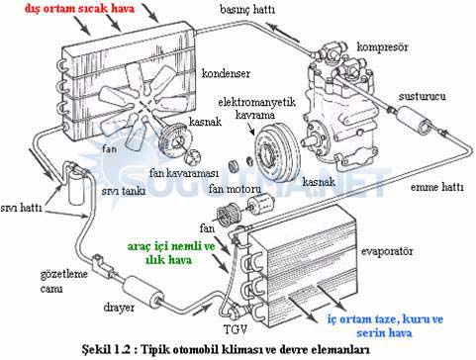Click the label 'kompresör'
click(x=383, y=46)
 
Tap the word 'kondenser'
click(x=226, y=73)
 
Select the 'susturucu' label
click(x=422, y=96)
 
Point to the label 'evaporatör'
click(x=387, y=251)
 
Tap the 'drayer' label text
click(x=119, y=308)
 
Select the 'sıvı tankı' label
click(x=124, y=191)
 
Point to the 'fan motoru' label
click(x=235, y=189)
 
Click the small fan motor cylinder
click(x=261, y=204)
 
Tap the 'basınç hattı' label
click(x=247, y=10)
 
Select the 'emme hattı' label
click(x=436, y=187)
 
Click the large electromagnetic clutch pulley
click(x=277, y=152)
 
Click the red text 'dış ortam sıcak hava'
click(x=79, y=9)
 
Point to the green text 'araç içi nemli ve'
click(x=171, y=246)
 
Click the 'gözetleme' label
click(x=64, y=274)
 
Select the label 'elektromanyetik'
click(x=256, y=102)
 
